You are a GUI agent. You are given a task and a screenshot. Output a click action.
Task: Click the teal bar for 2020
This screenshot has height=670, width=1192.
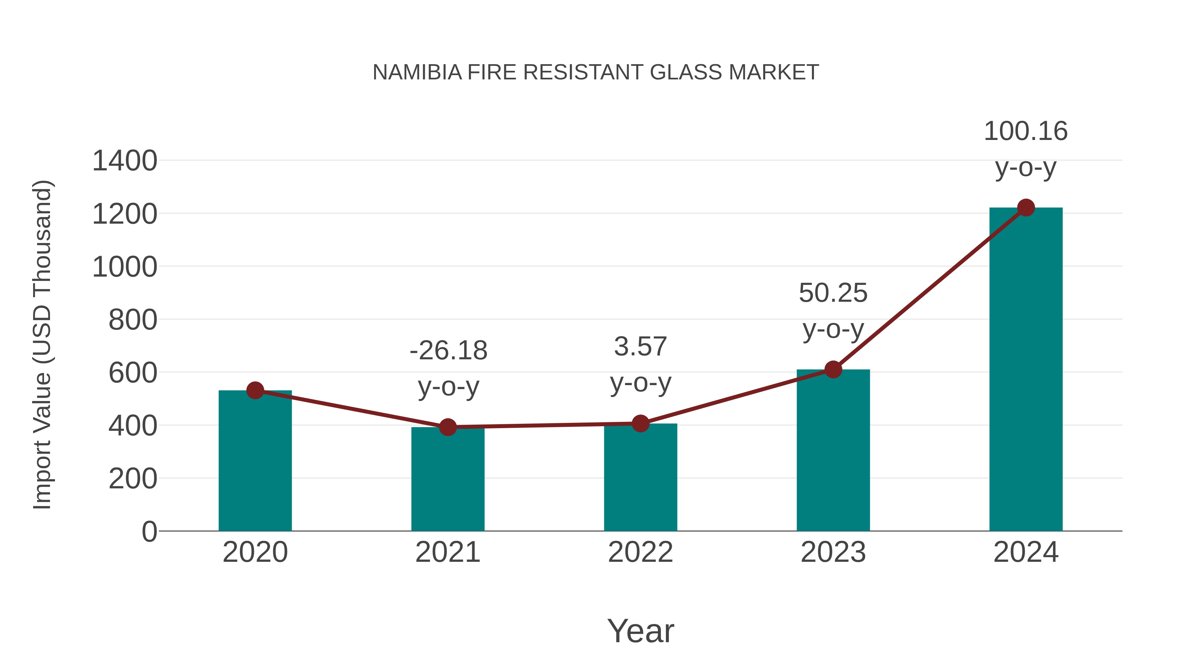click(x=255, y=463)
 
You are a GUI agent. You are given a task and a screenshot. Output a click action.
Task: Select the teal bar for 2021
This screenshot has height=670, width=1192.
click(x=447, y=481)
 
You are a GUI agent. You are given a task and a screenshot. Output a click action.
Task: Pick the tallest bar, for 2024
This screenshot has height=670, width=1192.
click(x=1026, y=370)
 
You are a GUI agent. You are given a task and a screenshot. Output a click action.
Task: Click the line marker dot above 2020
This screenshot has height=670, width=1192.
click(x=255, y=391)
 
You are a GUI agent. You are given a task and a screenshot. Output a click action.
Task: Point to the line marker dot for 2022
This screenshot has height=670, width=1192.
click(x=640, y=423)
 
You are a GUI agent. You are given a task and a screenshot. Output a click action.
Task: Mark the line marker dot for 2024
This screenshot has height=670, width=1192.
click(x=1026, y=207)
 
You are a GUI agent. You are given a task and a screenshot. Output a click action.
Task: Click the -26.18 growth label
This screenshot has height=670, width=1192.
click(x=448, y=350)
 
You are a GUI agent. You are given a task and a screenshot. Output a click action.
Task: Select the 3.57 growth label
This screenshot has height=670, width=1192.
click(x=640, y=347)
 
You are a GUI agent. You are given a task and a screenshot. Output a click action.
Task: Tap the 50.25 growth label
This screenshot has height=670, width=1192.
click(x=833, y=293)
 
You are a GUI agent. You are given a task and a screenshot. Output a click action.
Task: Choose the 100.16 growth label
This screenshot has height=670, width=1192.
click(x=1026, y=131)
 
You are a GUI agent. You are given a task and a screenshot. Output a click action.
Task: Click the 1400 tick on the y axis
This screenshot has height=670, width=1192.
click(x=124, y=161)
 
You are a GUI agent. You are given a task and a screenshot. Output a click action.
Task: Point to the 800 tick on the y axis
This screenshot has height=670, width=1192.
click(x=133, y=320)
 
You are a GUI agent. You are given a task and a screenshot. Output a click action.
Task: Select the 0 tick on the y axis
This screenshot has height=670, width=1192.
click(x=149, y=532)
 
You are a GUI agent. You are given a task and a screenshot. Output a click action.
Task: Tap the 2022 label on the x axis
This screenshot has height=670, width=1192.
click(x=640, y=553)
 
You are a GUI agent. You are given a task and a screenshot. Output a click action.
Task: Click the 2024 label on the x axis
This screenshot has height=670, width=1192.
click(x=1026, y=553)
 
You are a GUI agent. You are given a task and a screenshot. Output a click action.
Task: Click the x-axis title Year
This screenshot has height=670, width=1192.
click(x=640, y=631)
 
